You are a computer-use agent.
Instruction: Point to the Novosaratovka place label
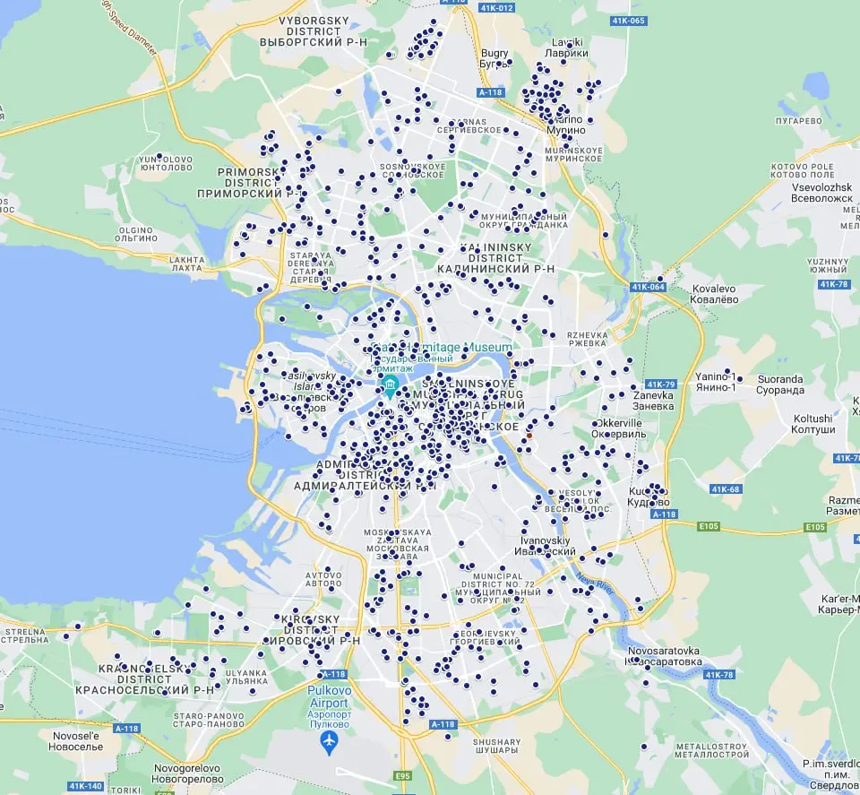(664, 655)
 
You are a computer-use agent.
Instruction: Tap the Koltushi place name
(813, 424)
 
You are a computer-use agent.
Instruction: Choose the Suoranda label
(780, 385)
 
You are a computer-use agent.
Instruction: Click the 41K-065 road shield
(628, 20)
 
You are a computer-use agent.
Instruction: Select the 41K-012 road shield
(495, 8)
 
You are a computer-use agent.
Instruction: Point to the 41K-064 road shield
(648, 287)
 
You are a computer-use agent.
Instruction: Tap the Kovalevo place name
(713, 295)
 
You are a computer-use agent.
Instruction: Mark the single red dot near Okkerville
(529, 436)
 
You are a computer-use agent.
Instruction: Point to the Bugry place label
(494, 58)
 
